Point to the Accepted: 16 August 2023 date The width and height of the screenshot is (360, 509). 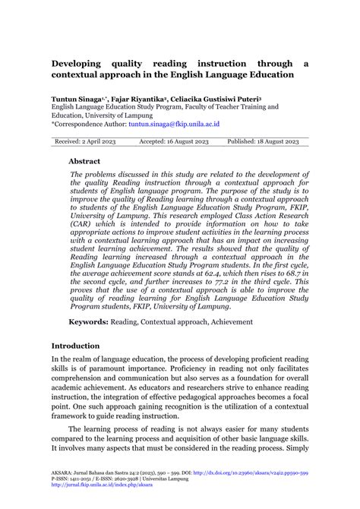tap(173, 141)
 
